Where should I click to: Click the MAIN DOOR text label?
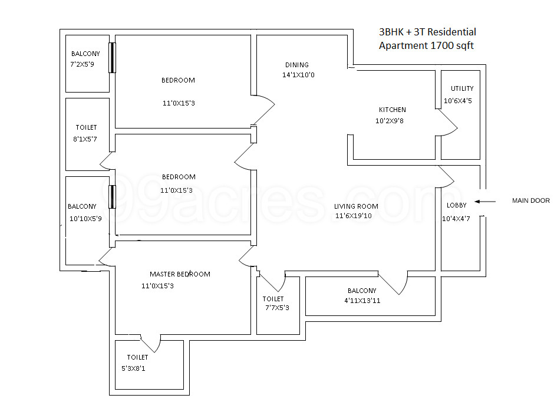530,201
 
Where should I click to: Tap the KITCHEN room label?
392,110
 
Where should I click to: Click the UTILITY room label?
462,88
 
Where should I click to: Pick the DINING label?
297,65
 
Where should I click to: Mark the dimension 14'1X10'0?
298,75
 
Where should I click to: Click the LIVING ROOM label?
356,206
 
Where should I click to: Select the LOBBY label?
457,205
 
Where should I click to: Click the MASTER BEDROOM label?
180,274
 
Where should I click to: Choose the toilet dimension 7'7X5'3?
277,308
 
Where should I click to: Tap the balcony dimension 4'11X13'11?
362,301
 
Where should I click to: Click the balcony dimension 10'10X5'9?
86,219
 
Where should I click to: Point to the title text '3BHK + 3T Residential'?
427,32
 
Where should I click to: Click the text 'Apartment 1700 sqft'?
426,45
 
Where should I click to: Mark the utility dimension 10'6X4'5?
458,101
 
